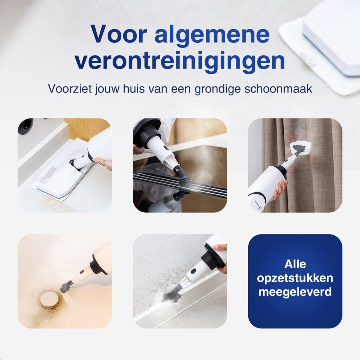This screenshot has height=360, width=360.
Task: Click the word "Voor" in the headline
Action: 119,33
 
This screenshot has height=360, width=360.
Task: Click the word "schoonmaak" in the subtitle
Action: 278,89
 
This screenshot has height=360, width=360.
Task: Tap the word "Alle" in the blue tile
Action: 295,264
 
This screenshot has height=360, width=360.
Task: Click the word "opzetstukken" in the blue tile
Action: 295,278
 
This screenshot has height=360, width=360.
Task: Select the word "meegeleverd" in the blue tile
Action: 295,292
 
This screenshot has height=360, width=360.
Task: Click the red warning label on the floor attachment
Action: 48,174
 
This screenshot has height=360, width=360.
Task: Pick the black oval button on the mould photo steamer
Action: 193,271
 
